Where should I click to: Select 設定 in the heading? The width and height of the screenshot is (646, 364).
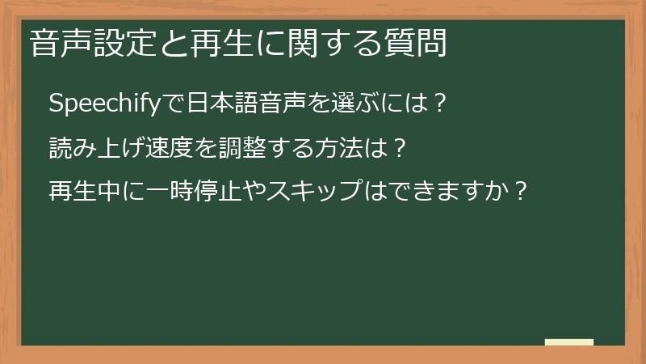point(119,43)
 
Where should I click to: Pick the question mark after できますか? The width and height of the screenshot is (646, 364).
point(522,193)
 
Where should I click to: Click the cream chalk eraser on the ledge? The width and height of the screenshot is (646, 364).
point(569,341)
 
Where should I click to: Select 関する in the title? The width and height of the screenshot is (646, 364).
point(312,43)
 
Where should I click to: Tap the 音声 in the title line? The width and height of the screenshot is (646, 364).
point(59,43)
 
